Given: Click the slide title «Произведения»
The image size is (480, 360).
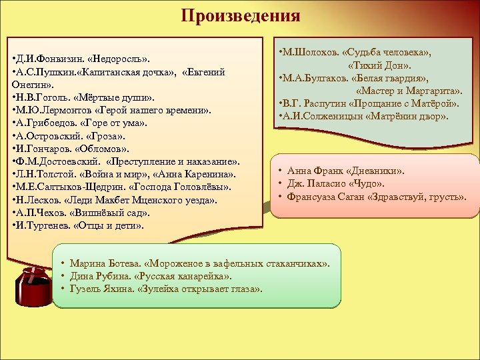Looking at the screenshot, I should (x=240, y=15).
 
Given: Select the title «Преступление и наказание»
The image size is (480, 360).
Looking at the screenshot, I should (x=171, y=163).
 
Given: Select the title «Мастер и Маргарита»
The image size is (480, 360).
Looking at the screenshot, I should (x=409, y=91).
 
